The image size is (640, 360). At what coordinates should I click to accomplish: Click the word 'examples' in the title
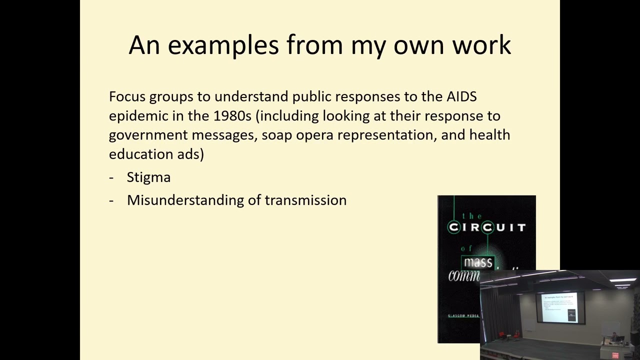click(x=223, y=45)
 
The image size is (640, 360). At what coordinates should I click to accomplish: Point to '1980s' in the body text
click(x=232, y=116)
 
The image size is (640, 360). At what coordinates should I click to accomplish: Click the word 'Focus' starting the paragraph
click(x=127, y=96)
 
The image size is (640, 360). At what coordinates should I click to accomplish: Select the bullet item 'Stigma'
click(x=148, y=177)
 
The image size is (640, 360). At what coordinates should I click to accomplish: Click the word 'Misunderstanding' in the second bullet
click(x=185, y=200)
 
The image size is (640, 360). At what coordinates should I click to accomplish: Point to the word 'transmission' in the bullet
click(x=305, y=200)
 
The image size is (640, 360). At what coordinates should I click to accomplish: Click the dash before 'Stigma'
click(x=111, y=177)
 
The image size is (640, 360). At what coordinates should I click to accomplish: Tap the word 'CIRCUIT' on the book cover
click(x=487, y=227)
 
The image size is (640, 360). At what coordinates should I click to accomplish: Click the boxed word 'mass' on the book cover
click(x=477, y=262)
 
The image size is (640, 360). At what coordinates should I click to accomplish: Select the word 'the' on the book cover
click(x=471, y=216)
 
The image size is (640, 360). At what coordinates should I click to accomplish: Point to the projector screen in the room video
click(x=559, y=307)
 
